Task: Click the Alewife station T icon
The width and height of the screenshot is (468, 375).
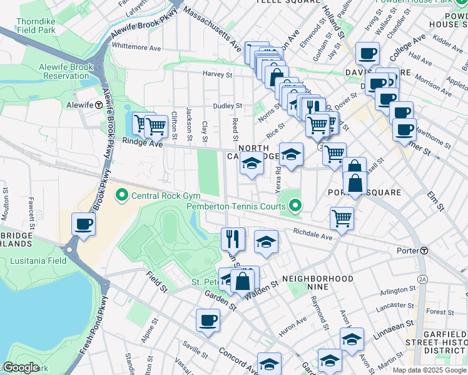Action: pos(99,106)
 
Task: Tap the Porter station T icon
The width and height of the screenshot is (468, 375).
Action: pos(424,251)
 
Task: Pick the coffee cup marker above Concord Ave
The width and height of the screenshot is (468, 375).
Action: pos(208,321)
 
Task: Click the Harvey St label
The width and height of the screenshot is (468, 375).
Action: pos(217,74)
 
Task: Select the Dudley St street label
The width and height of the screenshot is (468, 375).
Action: pos(227,106)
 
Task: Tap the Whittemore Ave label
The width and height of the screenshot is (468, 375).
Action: pos(136,47)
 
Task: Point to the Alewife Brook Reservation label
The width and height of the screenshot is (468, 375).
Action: pos(55,71)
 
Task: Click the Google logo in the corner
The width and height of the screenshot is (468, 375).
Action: pos(20,367)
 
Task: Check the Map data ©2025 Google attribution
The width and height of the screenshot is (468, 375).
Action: pos(429,370)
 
